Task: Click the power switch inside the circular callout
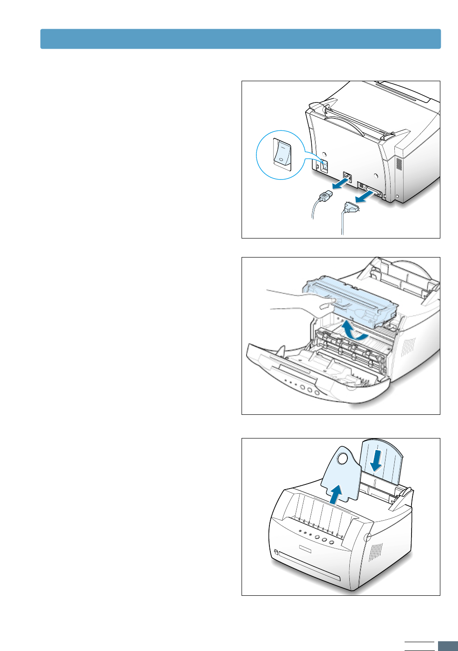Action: click(282, 152)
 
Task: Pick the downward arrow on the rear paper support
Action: click(377, 460)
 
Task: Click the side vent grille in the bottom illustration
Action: click(376, 550)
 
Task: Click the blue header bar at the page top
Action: click(240, 39)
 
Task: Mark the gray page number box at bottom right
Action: click(448, 646)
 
